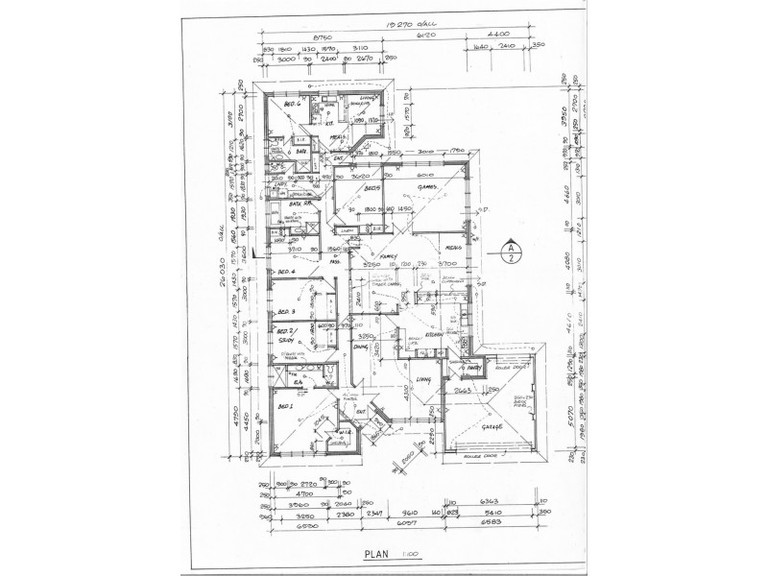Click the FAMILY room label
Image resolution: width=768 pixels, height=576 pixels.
[x=389, y=257]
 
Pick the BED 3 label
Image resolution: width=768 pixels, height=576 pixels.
[x=284, y=313]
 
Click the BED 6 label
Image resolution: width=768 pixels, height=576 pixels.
[x=293, y=104]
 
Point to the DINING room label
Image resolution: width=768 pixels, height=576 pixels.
[x=360, y=348]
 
